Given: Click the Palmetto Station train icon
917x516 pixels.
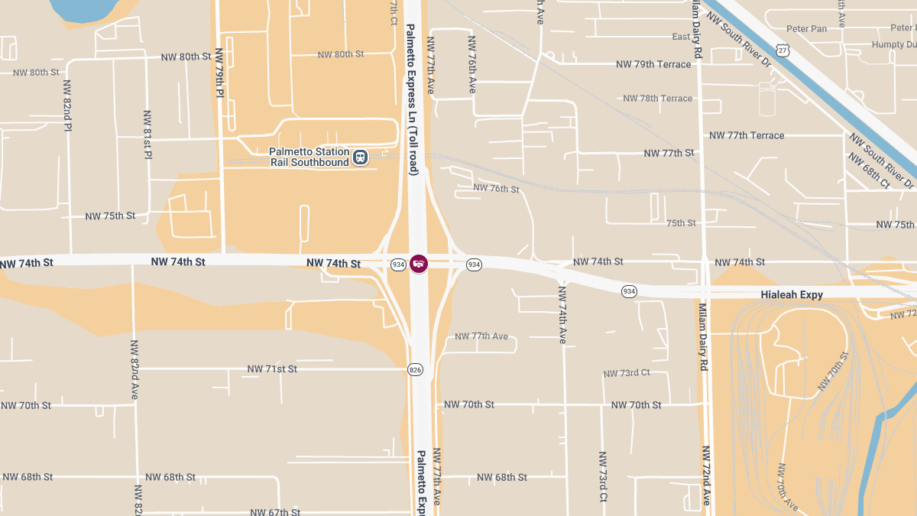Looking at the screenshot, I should tap(360, 157).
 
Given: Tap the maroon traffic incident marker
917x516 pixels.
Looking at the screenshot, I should tap(419, 264).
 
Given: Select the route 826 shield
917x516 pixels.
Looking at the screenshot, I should tap(416, 370).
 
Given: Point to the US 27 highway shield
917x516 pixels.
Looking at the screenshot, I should tap(782, 50).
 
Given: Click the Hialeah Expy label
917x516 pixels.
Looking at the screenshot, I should tap(792, 294).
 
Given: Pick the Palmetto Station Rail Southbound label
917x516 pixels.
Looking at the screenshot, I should tap(309, 157).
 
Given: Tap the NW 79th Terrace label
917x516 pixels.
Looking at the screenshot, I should tap(653, 64).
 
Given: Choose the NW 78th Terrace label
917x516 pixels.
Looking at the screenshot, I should tap(657, 99).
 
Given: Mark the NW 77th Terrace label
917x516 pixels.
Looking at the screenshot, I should tap(747, 135).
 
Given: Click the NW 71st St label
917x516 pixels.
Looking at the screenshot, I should tap(272, 369).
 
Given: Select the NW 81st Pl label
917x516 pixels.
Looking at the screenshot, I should tap(148, 134).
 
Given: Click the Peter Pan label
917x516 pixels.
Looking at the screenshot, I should tap(807, 29).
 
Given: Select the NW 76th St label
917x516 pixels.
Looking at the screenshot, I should tap(496, 188).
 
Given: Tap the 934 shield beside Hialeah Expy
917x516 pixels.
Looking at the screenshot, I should tap(629, 291).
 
